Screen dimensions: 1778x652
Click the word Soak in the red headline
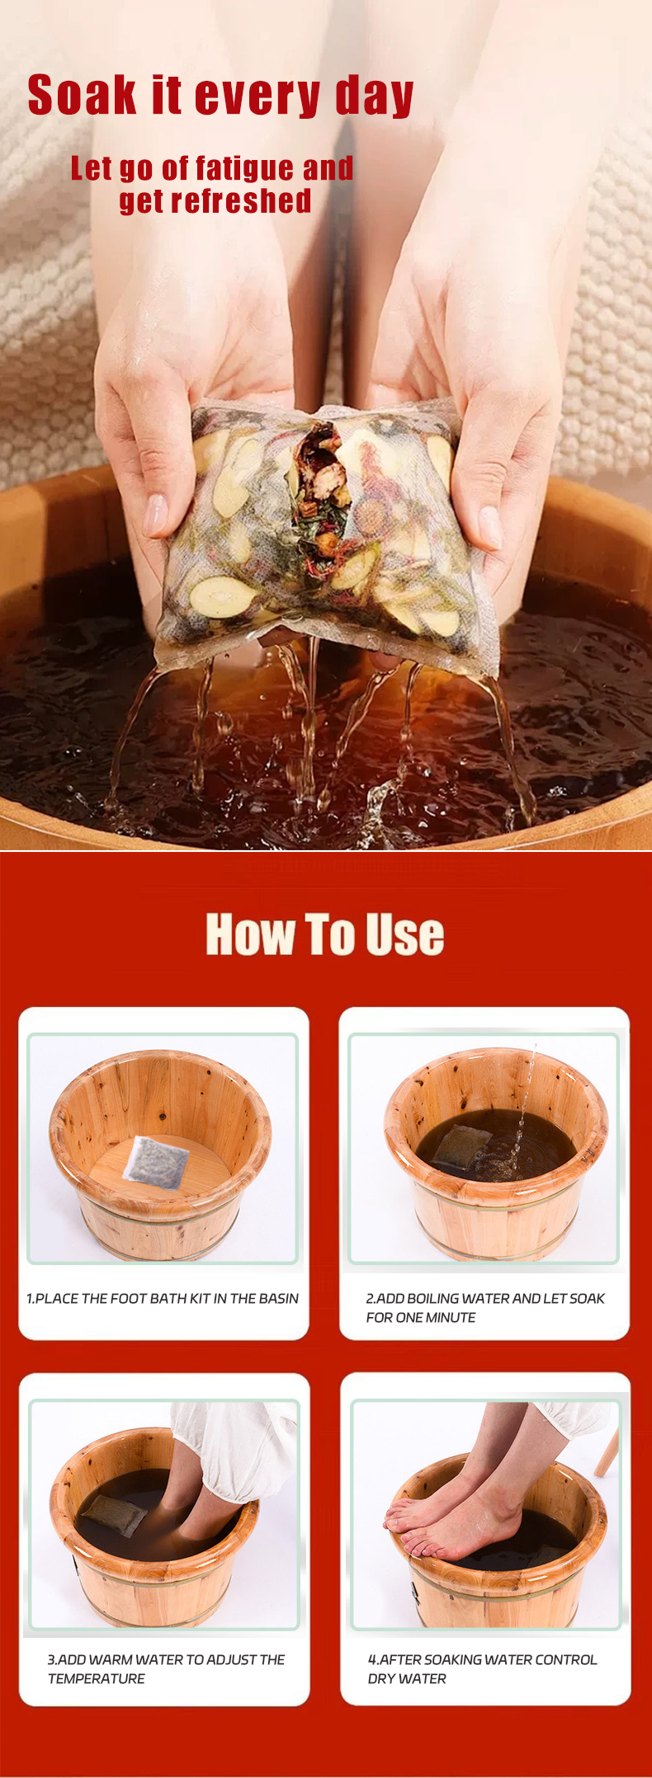[x=82, y=95]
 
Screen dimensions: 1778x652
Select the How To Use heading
[x=325, y=934]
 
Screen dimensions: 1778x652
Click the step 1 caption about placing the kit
[x=163, y=1298]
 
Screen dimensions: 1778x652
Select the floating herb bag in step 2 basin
[x=460, y=1145]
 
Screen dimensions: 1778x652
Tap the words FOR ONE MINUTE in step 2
[x=421, y=1317]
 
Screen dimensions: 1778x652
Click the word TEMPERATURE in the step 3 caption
[x=97, y=1678]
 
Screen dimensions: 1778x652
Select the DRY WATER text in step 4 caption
[x=407, y=1678]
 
